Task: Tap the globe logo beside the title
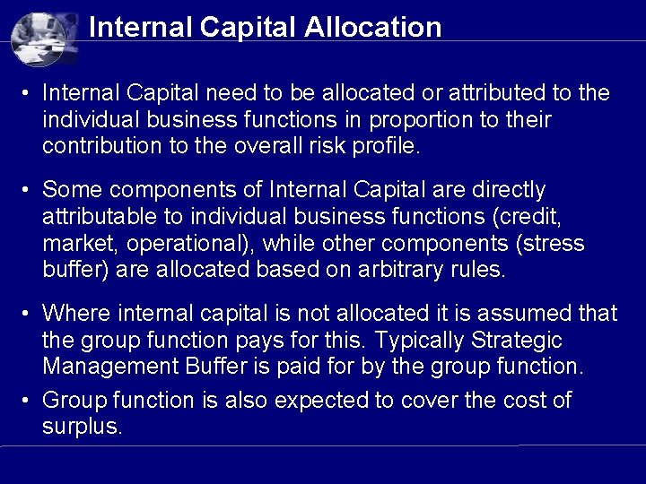(44, 37)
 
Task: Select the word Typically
(420, 341)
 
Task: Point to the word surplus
(81, 427)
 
